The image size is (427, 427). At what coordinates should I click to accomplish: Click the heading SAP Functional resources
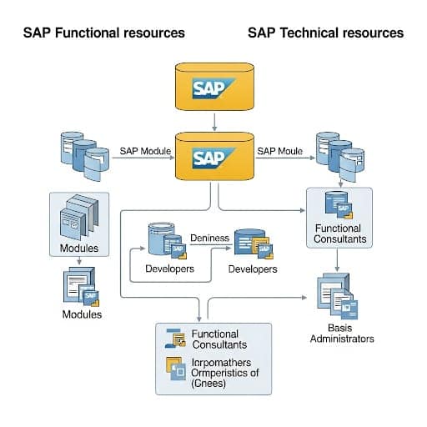pos(104,33)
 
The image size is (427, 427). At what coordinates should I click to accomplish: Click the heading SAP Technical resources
pos(325,33)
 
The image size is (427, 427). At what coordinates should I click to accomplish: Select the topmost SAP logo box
pos(214,87)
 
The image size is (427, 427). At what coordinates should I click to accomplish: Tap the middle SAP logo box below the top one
pos(214,155)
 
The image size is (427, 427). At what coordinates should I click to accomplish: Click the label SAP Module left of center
pos(145,151)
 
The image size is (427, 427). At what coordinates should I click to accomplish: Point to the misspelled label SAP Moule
pos(279,151)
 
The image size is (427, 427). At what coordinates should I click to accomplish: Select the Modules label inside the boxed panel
pos(80,249)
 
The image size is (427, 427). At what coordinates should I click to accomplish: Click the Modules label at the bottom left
pos(82,314)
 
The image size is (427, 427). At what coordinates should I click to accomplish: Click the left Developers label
pos(169,269)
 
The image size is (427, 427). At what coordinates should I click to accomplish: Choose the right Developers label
pos(253,269)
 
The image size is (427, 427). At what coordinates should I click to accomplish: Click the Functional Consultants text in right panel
pos(338,234)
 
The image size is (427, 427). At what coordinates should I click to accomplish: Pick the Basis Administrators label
pos(342,333)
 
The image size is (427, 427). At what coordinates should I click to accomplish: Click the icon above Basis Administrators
pos(338,297)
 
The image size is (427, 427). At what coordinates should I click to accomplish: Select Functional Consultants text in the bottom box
pos(219,339)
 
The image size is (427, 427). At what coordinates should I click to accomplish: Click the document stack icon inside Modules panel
pos(81,219)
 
